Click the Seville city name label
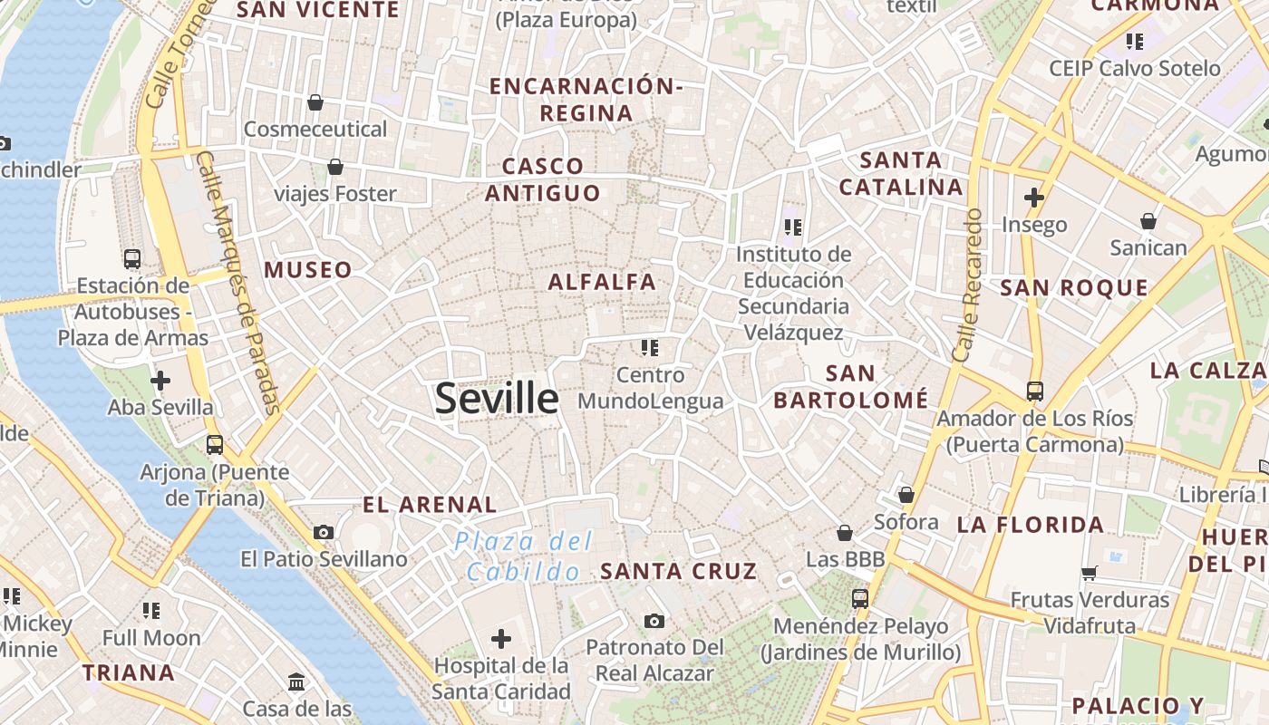(497, 399)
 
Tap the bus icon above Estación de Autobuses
(132, 258)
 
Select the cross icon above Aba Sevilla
(160, 381)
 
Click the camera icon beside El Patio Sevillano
(324, 532)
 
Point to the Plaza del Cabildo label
(524, 556)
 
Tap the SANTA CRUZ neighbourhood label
(678, 571)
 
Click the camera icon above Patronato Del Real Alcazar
(654, 621)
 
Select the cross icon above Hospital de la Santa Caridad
(501, 640)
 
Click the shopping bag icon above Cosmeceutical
(315, 102)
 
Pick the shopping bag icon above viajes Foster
(335, 167)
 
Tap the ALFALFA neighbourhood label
(602, 282)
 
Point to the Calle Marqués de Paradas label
(237, 281)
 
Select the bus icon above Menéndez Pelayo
(859, 598)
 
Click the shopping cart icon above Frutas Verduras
(1090, 573)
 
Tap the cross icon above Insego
(1034, 197)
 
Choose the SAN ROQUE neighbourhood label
(1073, 288)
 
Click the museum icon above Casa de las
(296, 681)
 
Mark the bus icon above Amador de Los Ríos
(1034, 391)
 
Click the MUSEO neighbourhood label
(307, 270)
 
